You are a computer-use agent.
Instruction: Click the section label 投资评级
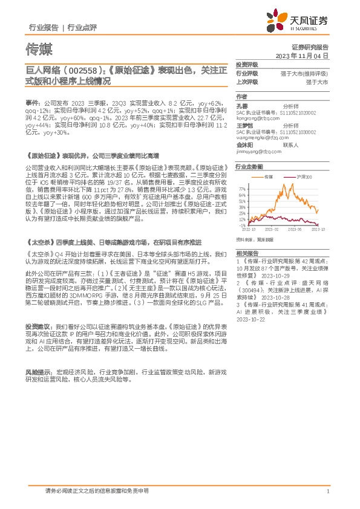[247, 63]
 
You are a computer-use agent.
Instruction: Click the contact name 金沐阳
[245, 145]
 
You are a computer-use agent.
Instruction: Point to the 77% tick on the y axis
[242, 189]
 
